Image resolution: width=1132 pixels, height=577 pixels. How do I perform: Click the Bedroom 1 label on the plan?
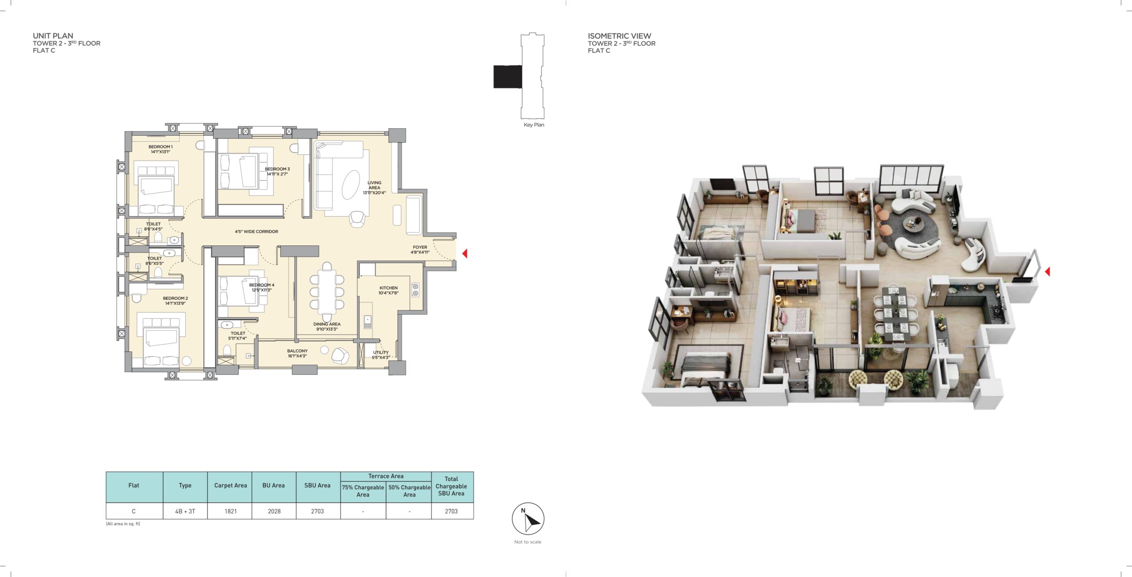[x=161, y=149]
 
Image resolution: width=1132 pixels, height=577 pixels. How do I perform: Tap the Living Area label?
[x=374, y=187]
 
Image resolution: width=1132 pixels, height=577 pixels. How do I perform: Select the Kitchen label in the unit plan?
[x=388, y=290]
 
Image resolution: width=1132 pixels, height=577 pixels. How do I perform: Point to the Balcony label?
[x=297, y=353]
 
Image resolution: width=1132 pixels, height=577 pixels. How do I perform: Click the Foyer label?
[x=420, y=250]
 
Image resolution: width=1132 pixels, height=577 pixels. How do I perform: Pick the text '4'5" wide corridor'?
[x=256, y=231]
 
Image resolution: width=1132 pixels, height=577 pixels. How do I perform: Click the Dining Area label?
[x=327, y=326]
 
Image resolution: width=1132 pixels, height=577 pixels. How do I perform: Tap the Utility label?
[x=381, y=355]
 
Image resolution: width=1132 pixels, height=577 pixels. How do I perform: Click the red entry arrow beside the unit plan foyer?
[x=465, y=253]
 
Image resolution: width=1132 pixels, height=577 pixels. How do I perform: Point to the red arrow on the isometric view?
[x=1047, y=271]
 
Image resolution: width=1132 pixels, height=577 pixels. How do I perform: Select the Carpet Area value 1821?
[x=230, y=511]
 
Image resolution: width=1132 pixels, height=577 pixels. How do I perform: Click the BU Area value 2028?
[x=274, y=511]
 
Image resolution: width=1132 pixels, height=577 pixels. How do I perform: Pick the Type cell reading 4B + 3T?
[x=185, y=511]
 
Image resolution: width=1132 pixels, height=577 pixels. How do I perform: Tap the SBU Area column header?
[x=317, y=485]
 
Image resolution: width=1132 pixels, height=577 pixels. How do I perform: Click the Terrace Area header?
[x=386, y=476]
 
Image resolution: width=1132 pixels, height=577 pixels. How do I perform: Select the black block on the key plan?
[x=508, y=76]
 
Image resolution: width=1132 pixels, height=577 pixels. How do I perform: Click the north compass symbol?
[x=528, y=519]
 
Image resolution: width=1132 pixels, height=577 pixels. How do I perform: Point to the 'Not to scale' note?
[x=528, y=542]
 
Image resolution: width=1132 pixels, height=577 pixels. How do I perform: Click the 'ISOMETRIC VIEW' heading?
[x=619, y=36]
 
